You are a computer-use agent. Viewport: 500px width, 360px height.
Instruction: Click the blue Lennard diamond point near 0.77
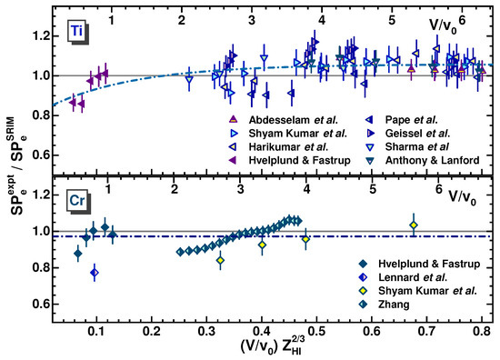point(95,273)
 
